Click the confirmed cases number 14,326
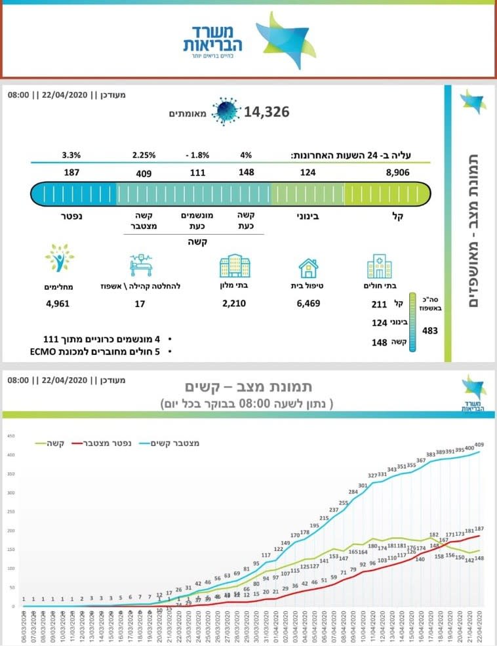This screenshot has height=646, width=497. point(267,112)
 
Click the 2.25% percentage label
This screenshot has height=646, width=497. point(144,155)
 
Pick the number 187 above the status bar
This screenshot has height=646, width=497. point(72,173)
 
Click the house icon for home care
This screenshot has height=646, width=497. point(308,268)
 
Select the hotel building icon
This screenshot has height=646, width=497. point(234,266)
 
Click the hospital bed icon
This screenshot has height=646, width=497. point(144,265)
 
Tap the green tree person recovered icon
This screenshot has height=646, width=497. point(59,258)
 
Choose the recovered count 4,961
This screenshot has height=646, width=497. point(58,304)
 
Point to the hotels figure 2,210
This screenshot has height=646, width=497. point(234,304)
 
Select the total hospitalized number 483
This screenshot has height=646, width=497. point(430,331)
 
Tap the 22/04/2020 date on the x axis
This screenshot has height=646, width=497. point(484,626)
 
